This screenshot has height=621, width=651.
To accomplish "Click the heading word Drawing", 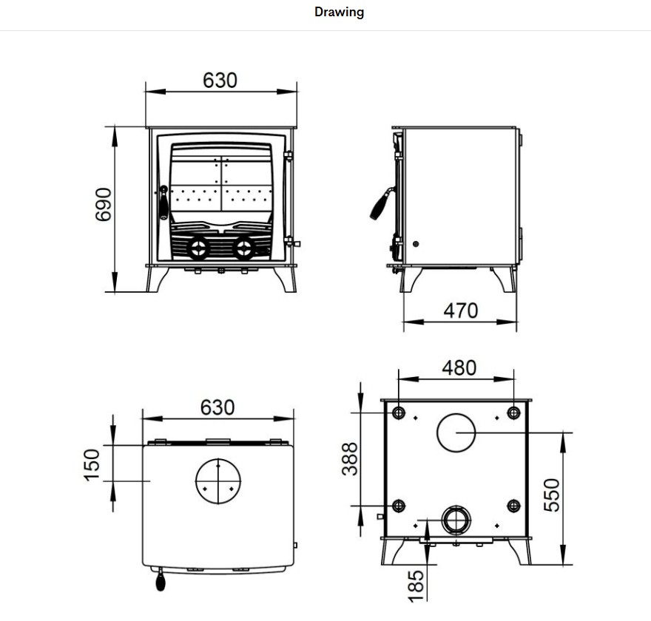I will tap(339, 13).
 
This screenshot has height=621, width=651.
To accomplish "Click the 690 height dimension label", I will tap(103, 203).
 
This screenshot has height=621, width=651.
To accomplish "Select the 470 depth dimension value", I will tap(460, 310).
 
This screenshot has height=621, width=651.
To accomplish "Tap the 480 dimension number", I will tap(459, 367).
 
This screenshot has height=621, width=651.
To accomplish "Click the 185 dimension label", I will tap(416, 584).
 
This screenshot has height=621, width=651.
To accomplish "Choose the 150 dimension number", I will tap(92, 464).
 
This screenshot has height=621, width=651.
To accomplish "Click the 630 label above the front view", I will tap(220, 80).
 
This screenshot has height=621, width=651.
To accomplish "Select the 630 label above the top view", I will tap(217, 407).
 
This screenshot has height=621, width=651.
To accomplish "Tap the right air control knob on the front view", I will tap(243, 248).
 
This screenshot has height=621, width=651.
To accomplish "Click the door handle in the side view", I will tap(380, 204).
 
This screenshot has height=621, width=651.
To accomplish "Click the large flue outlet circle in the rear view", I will tap(457, 432).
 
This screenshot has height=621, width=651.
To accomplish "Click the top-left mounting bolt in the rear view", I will tap(399, 413).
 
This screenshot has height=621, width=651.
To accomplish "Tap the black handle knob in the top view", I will tap(161, 583).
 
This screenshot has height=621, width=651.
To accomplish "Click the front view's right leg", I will tap(285, 279).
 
